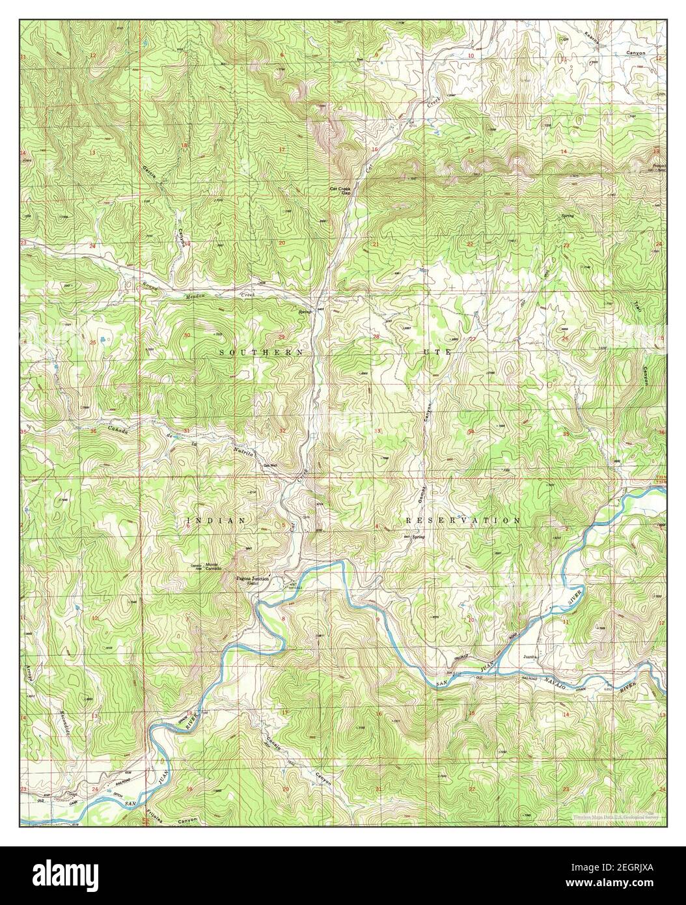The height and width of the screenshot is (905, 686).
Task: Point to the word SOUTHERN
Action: pyautogui.click(x=261, y=352)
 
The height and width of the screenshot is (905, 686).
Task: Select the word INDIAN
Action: pyautogui.click(x=215, y=521)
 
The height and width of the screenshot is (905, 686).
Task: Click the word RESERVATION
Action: pyautogui.click(x=463, y=521)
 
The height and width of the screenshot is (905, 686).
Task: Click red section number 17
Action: pyautogui.click(x=282, y=150)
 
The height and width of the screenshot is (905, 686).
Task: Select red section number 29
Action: pyautogui.click(x=281, y=336)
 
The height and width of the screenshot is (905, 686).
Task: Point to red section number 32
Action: pyautogui.click(x=282, y=431)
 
